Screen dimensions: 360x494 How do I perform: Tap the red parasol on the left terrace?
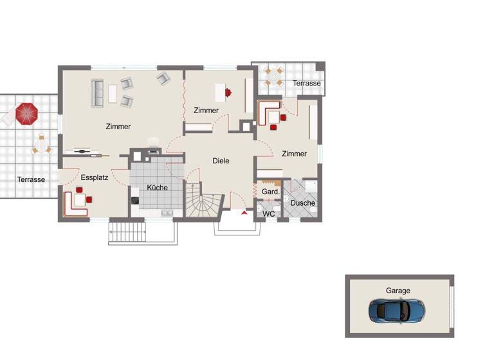[x=28, y=114]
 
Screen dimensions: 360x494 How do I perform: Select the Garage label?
[x=398, y=291]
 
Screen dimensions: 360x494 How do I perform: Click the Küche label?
[x=157, y=188]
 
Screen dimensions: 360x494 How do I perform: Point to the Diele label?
[x=221, y=161]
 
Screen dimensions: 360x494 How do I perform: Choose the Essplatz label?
[x=94, y=177]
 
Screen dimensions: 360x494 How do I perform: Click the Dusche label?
[x=302, y=203]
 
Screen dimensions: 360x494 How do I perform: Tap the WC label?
[x=269, y=213]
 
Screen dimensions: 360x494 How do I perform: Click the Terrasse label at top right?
[x=306, y=84]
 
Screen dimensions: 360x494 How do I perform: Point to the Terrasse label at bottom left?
[x=31, y=179]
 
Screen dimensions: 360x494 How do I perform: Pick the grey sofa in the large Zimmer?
[x=98, y=94]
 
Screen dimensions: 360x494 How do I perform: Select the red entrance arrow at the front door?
[x=244, y=213]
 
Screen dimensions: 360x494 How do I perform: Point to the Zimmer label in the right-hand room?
[x=294, y=154]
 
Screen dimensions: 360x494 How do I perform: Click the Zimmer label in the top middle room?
[x=206, y=111]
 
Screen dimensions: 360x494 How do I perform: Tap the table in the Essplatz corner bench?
[x=80, y=199]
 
